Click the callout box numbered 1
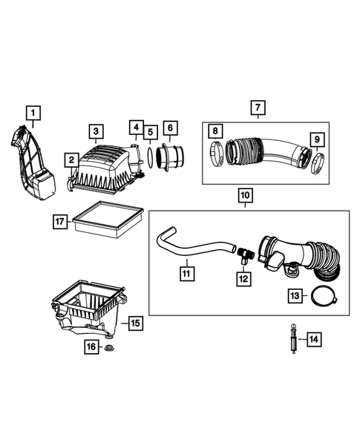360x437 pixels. coord(34,113)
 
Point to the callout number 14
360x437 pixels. coord(314,339)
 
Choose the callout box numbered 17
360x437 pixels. coord(62,221)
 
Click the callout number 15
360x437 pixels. coord(135,323)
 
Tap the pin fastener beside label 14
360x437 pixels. coord(294,340)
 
